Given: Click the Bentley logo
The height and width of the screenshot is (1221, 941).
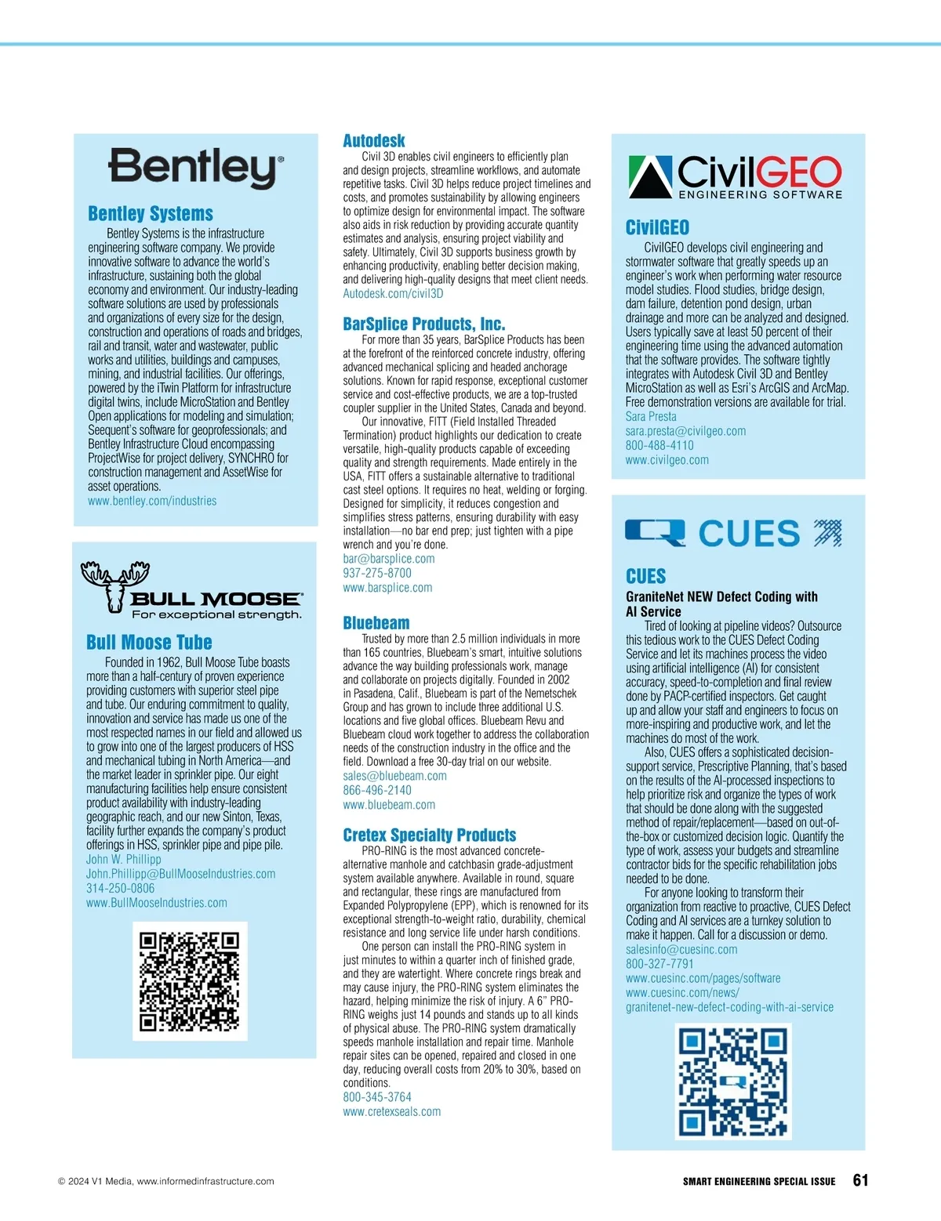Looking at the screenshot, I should [x=195, y=168].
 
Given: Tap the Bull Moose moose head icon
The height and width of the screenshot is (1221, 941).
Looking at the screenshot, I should [x=114, y=584].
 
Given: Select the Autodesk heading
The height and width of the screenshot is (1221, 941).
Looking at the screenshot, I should [x=374, y=141].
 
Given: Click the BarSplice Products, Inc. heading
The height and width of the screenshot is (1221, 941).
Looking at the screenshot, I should [x=423, y=324].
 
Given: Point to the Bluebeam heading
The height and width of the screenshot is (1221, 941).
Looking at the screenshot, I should [x=376, y=623].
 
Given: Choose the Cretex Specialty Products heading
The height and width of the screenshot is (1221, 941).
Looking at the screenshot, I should [x=430, y=835].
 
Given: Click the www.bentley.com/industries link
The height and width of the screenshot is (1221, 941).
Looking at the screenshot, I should [x=152, y=501].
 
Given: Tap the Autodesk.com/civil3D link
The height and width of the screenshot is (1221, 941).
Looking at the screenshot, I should [x=393, y=293].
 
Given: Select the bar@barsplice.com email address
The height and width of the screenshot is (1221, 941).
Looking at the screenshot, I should [x=388, y=559].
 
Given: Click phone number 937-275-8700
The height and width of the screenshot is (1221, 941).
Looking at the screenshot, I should [x=377, y=573].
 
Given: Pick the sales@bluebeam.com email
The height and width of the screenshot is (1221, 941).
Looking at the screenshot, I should [x=394, y=776].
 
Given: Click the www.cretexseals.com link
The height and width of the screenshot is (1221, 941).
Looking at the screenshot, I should [x=391, y=1111].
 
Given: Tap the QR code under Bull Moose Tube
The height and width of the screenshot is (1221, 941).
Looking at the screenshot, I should [x=189, y=980].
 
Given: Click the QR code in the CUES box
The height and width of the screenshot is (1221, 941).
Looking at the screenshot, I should [x=732, y=1082].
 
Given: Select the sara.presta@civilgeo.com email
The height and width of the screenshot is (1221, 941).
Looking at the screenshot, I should [x=685, y=431].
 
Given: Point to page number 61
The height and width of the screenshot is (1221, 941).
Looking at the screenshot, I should [x=860, y=1180].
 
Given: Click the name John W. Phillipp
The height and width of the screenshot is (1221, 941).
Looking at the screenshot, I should [x=123, y=860].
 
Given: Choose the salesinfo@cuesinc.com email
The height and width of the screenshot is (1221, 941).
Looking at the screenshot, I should [x=681, y=950].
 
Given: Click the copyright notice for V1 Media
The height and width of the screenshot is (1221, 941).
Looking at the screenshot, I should [x=166, y=1181].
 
